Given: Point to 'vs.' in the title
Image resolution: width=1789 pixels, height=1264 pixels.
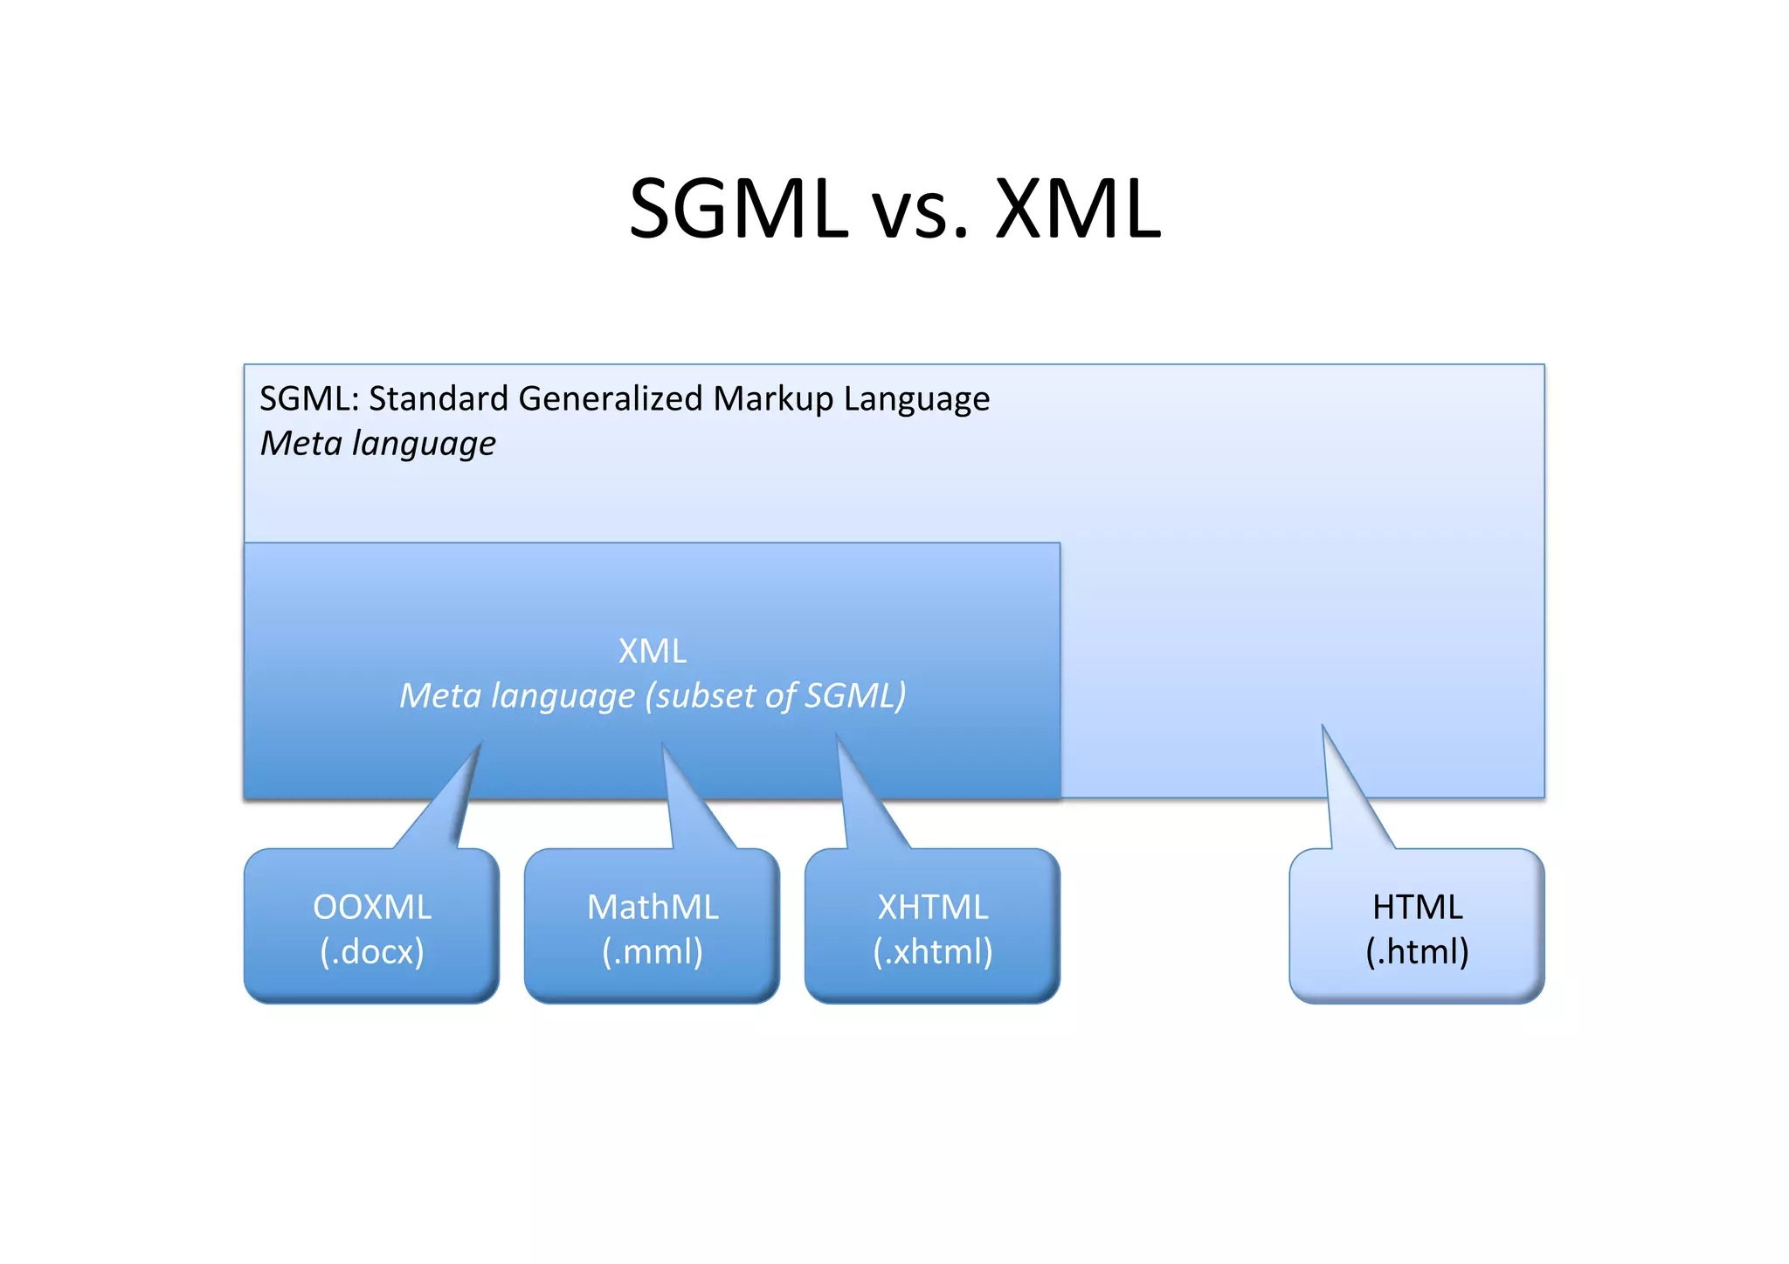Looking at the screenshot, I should click(x=921, y=214).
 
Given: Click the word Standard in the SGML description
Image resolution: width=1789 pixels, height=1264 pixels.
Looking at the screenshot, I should click(x=439, y=398).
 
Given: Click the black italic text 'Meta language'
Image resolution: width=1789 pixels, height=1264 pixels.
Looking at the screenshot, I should click(x=378, y=444).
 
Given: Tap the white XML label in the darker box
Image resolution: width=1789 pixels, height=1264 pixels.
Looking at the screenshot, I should click(x=652, y=651).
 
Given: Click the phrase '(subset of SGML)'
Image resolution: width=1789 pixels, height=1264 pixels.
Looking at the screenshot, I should click(x=776, y=696).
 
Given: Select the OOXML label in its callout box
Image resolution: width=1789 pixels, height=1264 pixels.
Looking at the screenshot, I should click(x=372, y=907).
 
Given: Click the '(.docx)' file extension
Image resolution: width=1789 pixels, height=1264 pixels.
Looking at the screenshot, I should click(x=372, y=951).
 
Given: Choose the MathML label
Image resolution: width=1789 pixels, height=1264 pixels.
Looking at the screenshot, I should click(x=653, y=907).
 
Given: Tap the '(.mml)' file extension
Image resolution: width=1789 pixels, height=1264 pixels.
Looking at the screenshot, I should click(x=653, y=951).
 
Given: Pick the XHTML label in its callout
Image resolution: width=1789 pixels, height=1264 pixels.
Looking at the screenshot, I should click(x=933, y=907).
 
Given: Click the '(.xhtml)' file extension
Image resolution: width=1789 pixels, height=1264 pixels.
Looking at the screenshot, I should click(x=933, y=951).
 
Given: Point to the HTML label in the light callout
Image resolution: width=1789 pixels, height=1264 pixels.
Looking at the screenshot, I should click(x=1417, y=907).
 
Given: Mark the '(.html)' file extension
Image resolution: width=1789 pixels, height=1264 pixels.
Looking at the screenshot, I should click(x=1417, y=951).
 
